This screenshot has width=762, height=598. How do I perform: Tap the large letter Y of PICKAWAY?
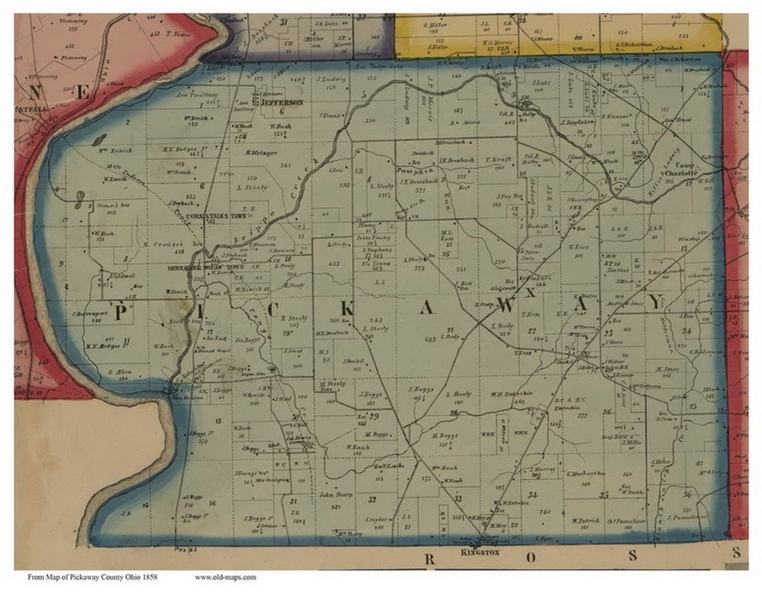pyautogui.click(x=655, y=303)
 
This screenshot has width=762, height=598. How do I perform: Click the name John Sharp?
pyautogui.click(x=336, y=494)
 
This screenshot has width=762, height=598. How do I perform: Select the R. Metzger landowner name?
pyautogui.click(x=262, y=152)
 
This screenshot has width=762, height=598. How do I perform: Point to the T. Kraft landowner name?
pyautogui.click(x=497, y=159)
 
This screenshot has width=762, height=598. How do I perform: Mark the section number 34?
pyautogui.click(x=532, y=494)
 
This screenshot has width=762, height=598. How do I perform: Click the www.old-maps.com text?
pyautogui.click(x=225, y=577)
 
